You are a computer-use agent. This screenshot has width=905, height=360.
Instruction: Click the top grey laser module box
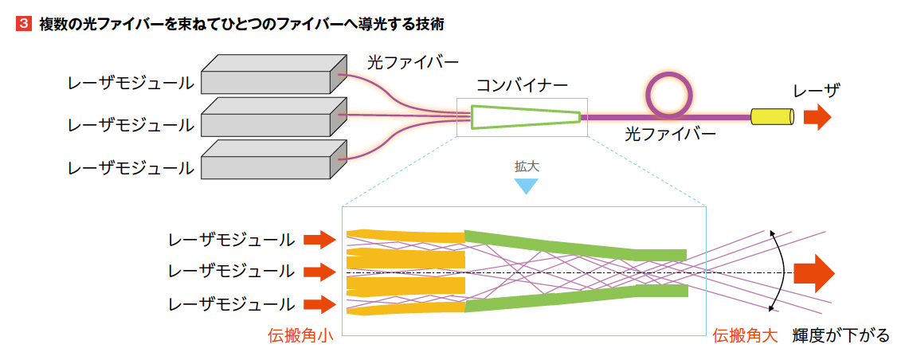273,74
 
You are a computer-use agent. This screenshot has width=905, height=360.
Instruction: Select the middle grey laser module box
273,116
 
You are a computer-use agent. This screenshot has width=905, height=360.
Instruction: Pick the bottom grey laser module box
273,158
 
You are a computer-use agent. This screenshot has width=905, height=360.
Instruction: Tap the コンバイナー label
522,86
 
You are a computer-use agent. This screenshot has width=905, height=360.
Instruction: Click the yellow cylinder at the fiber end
772,117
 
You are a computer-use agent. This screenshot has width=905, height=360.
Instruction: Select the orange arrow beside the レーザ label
817,117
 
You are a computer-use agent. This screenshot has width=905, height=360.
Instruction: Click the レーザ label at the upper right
816,91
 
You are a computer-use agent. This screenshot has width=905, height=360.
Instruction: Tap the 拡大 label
526,166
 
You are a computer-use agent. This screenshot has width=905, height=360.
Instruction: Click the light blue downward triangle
526,186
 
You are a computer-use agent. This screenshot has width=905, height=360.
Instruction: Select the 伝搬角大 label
745,336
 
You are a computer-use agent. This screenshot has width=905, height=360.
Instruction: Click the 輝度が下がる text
841,336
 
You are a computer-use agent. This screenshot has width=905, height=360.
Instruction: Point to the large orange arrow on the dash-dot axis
814,273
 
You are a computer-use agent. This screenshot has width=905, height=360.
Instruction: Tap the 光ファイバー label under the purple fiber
670,135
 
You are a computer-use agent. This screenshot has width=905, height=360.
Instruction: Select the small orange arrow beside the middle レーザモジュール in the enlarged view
319,271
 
